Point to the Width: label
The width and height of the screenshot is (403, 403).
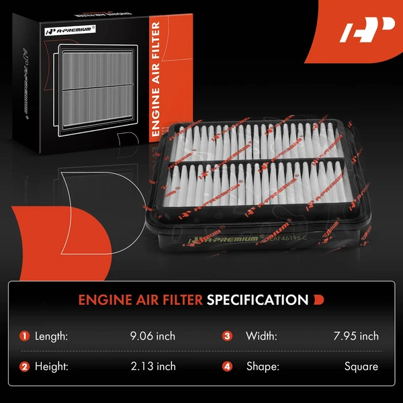pos(261,336)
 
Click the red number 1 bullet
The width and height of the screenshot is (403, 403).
pos(25,336)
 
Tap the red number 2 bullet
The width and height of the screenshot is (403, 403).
pos(25,366)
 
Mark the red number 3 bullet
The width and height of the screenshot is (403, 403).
pos(229,336)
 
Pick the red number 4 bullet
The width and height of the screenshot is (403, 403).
pos(229,366)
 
